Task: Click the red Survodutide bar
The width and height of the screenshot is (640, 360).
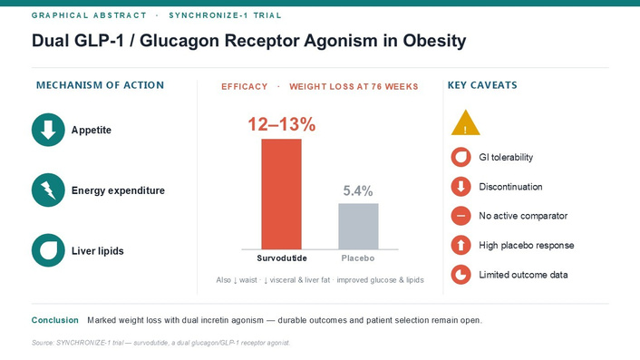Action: pyautogui.click(x=281, y=194)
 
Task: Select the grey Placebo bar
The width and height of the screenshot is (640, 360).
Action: pyautogui.click(x=358, y=226)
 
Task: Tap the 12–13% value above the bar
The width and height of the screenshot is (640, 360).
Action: pyautogui.click(x=282, y=124)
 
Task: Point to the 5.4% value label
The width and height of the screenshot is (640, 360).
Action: pyautogui.click(x=358, y=190)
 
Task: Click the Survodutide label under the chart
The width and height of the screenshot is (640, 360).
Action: pyautogui.click(x=282, y=258)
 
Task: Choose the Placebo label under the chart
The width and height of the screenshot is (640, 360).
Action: pyautogui.click(x=358, y=258)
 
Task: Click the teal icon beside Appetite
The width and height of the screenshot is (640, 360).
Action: pyautogui.click(x=48, y=130)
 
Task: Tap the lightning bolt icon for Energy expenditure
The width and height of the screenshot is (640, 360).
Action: pyautogui.click(x=48, y=190)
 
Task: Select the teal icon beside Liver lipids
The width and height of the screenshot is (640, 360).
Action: pyautogui.click(x=48, y=250)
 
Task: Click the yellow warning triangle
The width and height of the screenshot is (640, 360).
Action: pyautogui.click(x=465, y=123)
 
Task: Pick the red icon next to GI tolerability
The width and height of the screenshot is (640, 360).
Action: pyautogui.click(x=461, y=157)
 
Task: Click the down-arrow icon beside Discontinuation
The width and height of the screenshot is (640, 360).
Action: pyautogui.click(x=461, y=187)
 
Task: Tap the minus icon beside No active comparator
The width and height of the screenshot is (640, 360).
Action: pyautogui.click(x=461, y=216)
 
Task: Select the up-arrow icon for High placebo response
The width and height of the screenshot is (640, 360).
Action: pyautogui.click(x=461, y=246)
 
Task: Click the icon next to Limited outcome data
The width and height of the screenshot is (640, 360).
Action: pyautogui.click(x=461, y=275)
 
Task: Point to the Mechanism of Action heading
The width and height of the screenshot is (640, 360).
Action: pyautogui.click(x=100, y=85)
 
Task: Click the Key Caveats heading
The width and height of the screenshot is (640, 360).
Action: pyautogui.click(x=482, y=85)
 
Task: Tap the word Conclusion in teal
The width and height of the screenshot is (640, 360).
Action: pyautogui.click(x=55, y=320)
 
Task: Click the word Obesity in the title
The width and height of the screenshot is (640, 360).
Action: pyautogui.click(x=434, y=41)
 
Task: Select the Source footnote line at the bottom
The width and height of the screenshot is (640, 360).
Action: pyautogui.click(x=160, y=343)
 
